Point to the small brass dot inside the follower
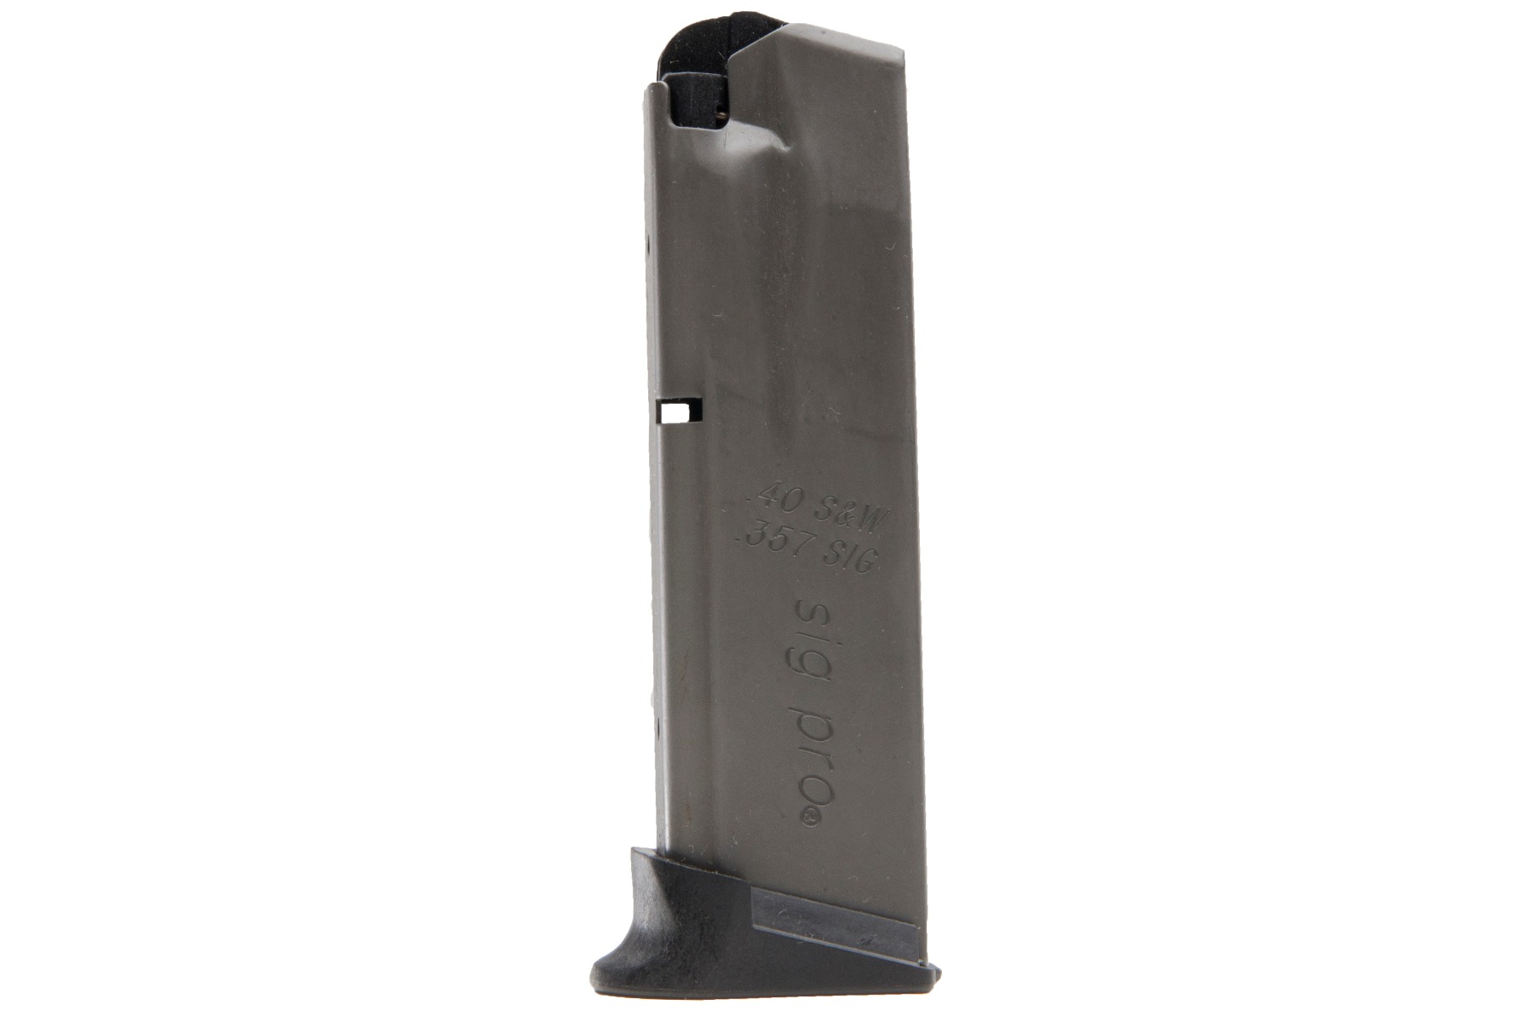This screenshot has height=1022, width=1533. [722, 109]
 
